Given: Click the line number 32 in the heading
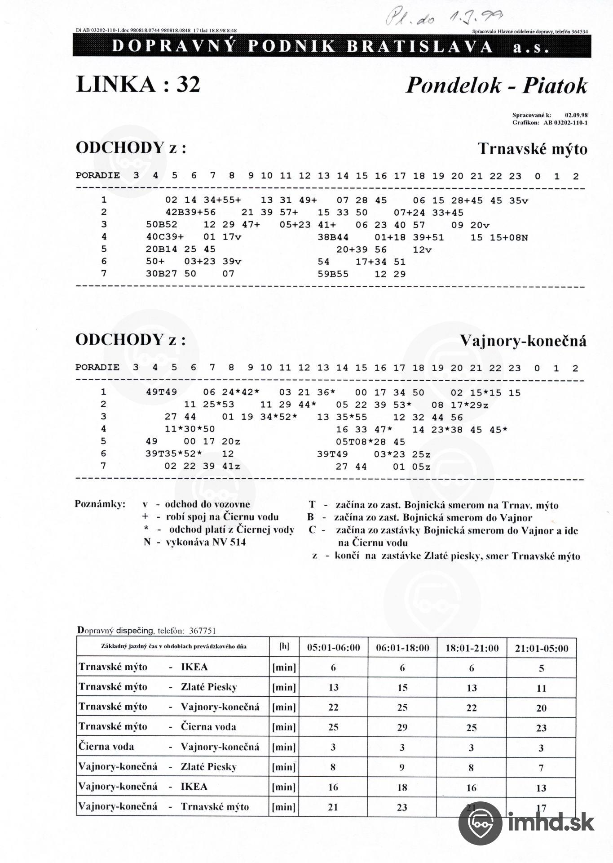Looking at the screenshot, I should pyautogui.click(x=188, y=84).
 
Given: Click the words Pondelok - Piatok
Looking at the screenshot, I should pyautogui.click(x=496, y=85).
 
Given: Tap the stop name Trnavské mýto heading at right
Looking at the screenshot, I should pyautogui.click(x=532, y=149).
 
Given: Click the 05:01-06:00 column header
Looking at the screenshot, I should pyautogui.click(x=333, y=648).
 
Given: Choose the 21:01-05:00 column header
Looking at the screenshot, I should pyautogui.click(x=541, y=648).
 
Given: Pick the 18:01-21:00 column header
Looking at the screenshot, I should pyautogui.click(x=472, y=648).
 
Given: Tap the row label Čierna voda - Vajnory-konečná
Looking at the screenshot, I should pyautogui.click(x=168, y=747).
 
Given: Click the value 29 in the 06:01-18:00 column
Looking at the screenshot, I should pyautogui.click(x=402, y=727).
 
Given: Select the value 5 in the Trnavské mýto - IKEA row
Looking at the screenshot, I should pyautogui.click(x=541, y=668).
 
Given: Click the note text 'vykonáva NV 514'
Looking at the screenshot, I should pyautogui.click(x=206, y=542).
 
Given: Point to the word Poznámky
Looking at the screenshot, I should pyautogui.click(x=100, y=504).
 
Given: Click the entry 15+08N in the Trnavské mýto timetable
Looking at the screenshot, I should pyautogui.click(x=508, y=237).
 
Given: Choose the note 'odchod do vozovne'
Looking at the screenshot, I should pyautogui.click(x=207, y=504).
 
